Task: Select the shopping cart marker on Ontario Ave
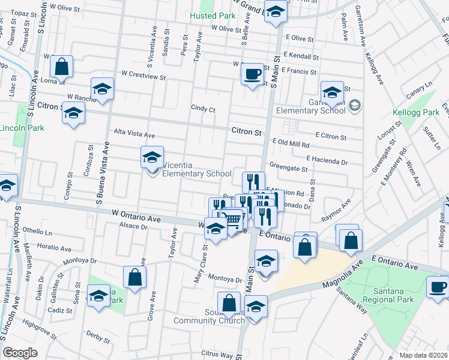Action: (231, 221)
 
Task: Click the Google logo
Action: (20, 353)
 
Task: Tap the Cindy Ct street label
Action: (203, 109)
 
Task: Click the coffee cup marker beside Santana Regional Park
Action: (438, 286)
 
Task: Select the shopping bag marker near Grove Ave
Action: (134, 277)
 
